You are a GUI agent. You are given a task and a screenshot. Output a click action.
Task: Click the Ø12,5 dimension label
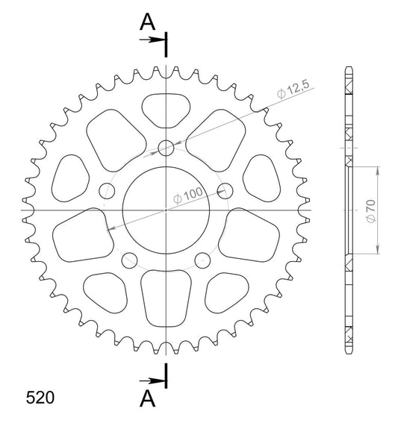click(293, 90)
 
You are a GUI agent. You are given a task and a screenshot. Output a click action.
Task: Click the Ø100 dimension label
click(188, 195)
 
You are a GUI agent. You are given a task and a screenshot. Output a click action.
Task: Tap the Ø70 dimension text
click(372, 211)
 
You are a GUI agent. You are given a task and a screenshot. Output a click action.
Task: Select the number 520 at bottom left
click(40, 398)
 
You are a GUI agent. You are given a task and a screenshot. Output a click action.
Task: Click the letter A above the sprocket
click(147, 22)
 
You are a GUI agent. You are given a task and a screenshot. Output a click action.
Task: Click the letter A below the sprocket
click(147, 398)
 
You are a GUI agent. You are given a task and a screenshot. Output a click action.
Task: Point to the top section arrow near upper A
click(152, 40)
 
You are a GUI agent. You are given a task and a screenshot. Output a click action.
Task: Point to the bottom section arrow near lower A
click(152, 381)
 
